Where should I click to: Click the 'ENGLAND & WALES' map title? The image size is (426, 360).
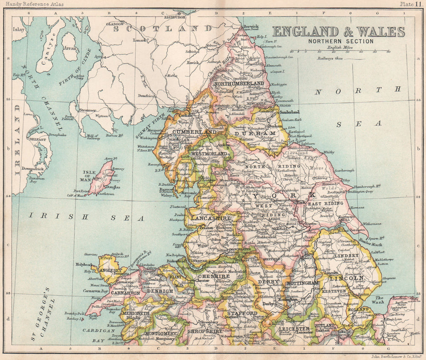coord(339,32)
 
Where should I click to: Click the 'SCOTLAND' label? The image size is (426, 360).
coord(169,29)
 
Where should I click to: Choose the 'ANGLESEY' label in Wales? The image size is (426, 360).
coord(110,270)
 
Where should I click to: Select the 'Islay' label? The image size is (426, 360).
coord(19,30)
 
